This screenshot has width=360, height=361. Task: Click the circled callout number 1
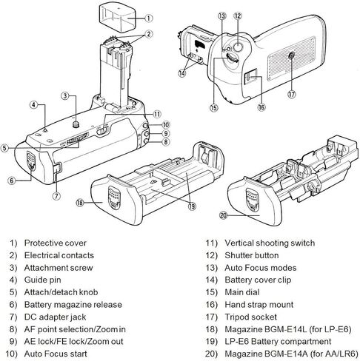148,18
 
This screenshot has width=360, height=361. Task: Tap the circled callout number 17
292,94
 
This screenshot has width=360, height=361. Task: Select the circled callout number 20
223,215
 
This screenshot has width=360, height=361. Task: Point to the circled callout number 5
4,149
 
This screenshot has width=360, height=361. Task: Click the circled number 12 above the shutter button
238,16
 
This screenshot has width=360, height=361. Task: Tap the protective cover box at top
118,18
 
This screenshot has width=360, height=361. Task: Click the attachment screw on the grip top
75,124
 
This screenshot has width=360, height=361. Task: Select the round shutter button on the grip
238,47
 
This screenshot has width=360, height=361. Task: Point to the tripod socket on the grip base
291,56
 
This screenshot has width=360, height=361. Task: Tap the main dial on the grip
233,58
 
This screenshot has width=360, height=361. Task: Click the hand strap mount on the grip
251,77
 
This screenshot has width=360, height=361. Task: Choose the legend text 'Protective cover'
56,243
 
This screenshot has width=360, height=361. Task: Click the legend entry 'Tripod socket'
250,317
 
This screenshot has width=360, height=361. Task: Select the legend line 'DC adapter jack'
55,317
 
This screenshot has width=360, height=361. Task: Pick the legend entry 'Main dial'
242,292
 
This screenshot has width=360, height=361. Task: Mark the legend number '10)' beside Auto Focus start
12,354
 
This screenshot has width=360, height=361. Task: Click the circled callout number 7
56,196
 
